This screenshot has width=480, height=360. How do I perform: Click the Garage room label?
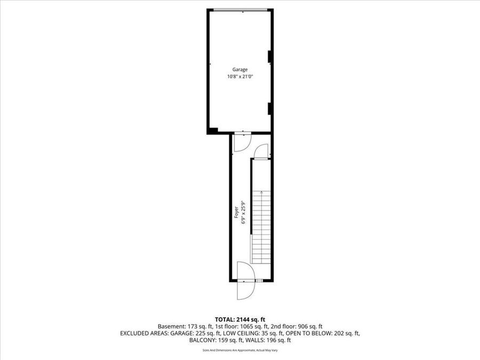click(239, 70)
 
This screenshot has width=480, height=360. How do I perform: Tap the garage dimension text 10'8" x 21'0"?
click(239, 77)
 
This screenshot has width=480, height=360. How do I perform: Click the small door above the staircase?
click(261, 151)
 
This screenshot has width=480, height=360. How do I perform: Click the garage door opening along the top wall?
click(240, 10)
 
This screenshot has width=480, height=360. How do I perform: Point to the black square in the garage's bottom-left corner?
click(212, 131)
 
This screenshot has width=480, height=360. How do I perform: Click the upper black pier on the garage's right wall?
click(270, 55)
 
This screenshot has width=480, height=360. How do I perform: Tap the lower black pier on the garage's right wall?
click(270, 108)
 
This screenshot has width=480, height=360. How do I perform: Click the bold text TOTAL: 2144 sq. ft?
click(239, 318)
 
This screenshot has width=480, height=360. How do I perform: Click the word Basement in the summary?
click(171, 326)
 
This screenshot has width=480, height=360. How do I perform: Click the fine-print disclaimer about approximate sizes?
click(239, 350)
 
